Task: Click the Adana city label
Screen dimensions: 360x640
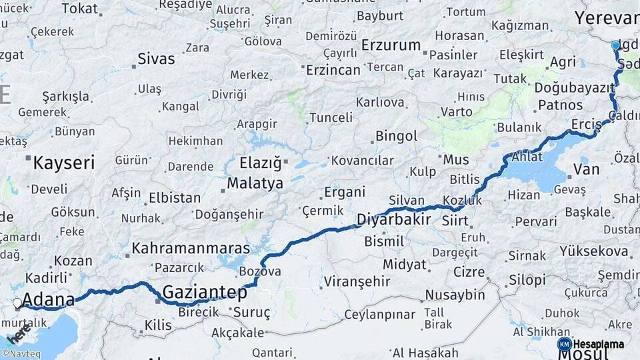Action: click(48, 299)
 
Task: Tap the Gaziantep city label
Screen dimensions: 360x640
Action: click(205, 292)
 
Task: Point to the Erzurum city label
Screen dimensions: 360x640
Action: click(391, 45)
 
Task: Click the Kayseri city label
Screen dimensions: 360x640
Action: click(64, 162)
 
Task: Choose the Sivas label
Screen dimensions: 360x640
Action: click(156, 59)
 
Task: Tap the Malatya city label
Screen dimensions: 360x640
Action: click(255, 183)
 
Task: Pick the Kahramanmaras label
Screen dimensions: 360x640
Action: click(191, 248)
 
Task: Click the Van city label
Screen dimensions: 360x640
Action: click(586, 170)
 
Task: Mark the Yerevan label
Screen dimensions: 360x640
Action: click(606, 17)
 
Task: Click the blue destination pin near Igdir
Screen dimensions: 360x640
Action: click(615, 45)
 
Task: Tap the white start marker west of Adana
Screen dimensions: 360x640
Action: click(17, 303)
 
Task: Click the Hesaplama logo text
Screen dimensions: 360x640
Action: click(599, 344)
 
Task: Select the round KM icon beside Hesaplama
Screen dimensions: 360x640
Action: click(564, 344)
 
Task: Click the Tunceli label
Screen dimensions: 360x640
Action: click(331, 117)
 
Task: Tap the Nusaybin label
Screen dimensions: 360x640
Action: click(455, 294)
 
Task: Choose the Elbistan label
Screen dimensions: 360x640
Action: click(175, 198)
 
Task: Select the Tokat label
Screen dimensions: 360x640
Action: click(79, 8)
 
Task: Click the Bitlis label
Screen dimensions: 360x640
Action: click(465, 179)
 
